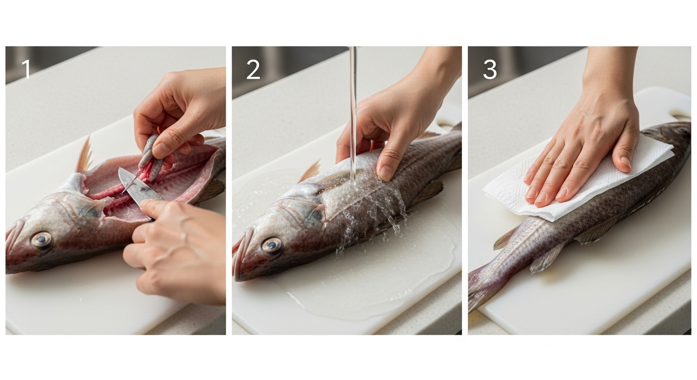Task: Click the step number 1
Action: pyautogui.click(x=26, y=69)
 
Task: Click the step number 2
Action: pyautogui.click(x=253, y=69)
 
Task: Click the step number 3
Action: pyautogui.click(x=490, y=69)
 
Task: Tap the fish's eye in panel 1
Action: pyautogui.click(x=41, y=240)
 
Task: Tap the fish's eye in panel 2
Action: pyautogui.click(x=272, y=246)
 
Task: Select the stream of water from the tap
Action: pyautogui.click(x=352, y=115)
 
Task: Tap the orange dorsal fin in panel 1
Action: pyautogui.click(x=84, y=154)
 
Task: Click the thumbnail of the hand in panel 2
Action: pyautogui.click(x=386, y=173)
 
